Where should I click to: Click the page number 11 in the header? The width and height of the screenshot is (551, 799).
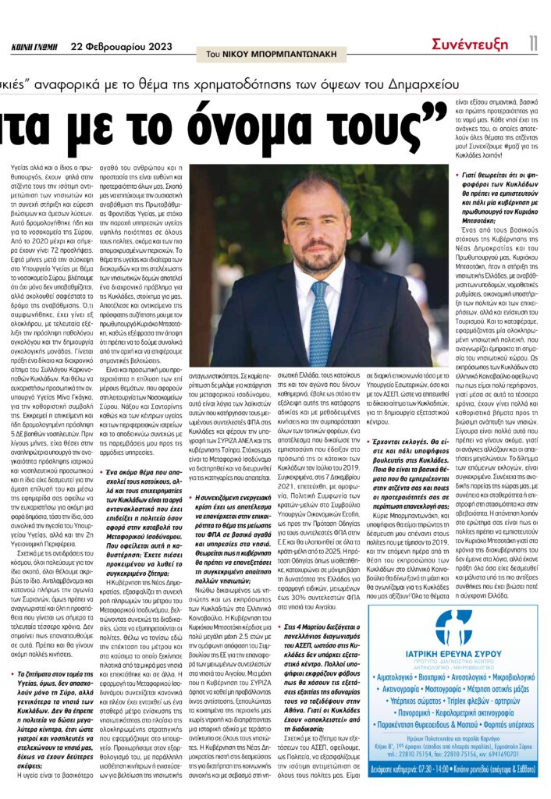tap(532, 44)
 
